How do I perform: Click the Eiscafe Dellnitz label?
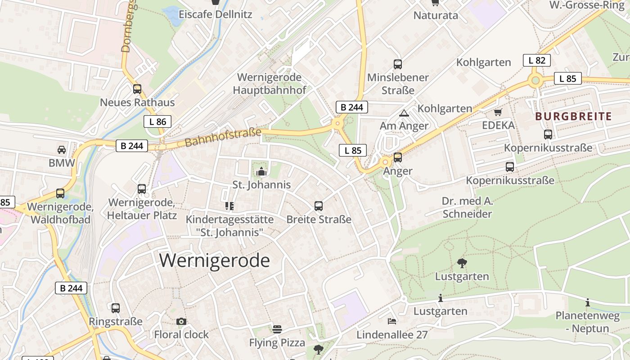click(215, 14)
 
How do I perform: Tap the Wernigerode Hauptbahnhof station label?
click(269, 84)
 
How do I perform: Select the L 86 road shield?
click(157, 121)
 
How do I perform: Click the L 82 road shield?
click(536, 60)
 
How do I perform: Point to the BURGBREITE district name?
click(573, 117)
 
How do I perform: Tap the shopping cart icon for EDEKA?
click(498, 112)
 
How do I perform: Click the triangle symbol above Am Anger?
click(404, 113)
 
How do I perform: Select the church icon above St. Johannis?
click(261, 171)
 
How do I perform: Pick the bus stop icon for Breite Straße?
click(319, 206)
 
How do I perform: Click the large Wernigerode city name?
click(214, 261)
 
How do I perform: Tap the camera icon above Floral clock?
click(181, 321)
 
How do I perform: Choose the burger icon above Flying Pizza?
click(277, 329)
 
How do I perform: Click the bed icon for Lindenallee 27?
click(392, 321)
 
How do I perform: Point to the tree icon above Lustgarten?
click(462, 263)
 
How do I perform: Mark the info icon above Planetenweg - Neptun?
click(587, 302)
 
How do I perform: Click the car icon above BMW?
click(62, 149)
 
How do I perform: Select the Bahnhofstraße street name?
click(223, 138)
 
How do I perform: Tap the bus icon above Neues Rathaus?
click(137, 89)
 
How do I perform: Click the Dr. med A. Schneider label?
click(467, 207)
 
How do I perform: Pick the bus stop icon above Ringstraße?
click(116, 308)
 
